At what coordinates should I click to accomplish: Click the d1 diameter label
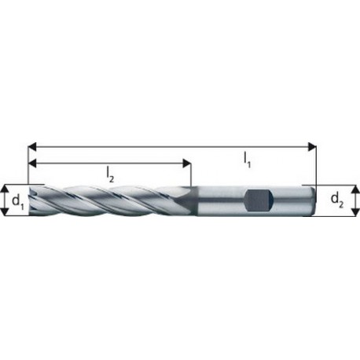coord(18,201)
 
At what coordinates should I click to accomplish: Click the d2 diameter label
coord(337,200)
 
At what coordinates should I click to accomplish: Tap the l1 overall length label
coord(247,160)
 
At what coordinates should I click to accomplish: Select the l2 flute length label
coord(110,175)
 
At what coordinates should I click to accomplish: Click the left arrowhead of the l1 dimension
coord(32,147)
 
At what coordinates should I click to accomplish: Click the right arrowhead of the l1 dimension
coord(312,147)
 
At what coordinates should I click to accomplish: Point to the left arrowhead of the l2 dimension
coord(32,163)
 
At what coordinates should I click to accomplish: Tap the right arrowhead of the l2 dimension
coord(187,163)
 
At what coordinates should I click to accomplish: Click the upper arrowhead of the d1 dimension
coord(5,189)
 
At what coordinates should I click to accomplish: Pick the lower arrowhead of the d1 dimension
coord(5,211)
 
